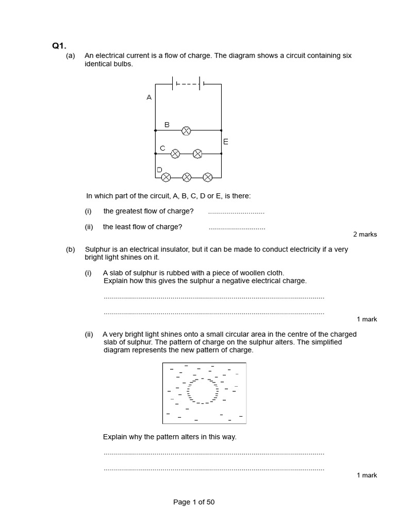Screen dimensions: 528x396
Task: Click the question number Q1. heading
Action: click(58, 46)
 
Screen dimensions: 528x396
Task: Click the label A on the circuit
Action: click(149, 97)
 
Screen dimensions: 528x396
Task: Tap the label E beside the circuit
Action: click(226, 141)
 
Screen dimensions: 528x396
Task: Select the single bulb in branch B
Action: click(186, 131)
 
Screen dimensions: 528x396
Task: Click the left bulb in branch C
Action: click(175, 154)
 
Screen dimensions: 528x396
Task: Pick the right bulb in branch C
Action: click(197, 154)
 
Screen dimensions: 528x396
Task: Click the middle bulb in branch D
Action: click(187, 177)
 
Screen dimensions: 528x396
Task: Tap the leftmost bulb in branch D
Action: click(166, 177)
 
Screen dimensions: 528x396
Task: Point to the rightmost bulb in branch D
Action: click(207, 177)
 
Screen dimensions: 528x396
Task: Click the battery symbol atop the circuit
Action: click(188, 84)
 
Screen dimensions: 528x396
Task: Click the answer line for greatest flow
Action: click(236, 212)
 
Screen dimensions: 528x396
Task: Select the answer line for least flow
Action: click(237, 228)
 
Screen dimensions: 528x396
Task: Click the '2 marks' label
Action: click(365, 234)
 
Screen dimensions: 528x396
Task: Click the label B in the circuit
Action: click(167, 124)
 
